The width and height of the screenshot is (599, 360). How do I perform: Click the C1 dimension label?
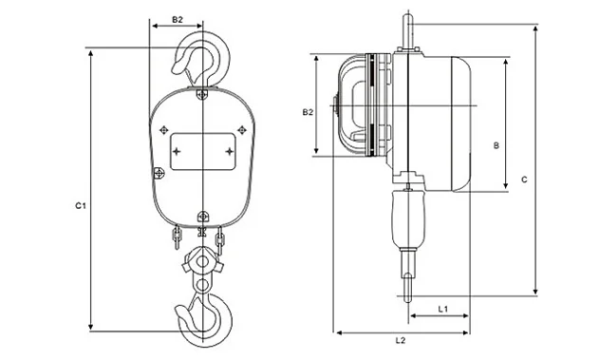point(81,206)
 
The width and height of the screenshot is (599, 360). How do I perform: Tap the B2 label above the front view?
point(178,20)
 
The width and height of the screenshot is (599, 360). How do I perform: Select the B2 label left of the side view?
point(308,112)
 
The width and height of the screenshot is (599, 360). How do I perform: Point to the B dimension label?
point(496,145)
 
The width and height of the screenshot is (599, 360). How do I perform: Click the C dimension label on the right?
point(525,180)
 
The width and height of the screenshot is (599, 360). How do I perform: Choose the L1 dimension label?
point(442,309)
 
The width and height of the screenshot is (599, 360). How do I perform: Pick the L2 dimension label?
point(401,340)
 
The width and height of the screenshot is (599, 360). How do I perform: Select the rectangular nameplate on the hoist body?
point(203,151)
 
